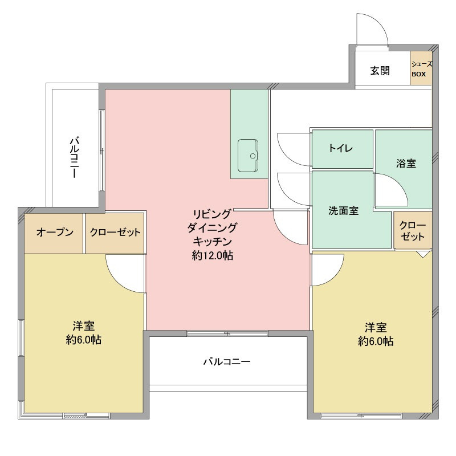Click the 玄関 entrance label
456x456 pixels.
point(380,71)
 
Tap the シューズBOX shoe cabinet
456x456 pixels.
point(422,69)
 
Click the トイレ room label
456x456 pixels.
point(341,149)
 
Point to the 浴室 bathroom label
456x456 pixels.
point(406,164)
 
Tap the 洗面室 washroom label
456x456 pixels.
point(343,210)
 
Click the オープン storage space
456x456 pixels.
point(54,233)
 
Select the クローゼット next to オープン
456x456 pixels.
point(115,233)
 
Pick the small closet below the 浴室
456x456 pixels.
point(412,230)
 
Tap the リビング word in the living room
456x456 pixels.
point(212,214)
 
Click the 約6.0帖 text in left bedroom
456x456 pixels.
point(83,340)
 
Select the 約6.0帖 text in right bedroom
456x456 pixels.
point(376,341)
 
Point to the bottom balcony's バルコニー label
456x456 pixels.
point(227,361)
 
